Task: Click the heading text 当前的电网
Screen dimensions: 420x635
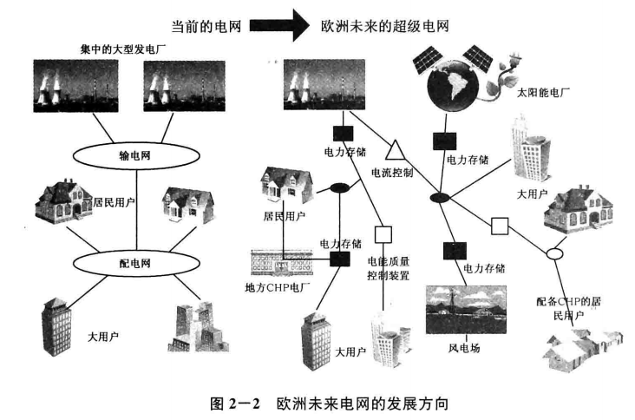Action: (x=217, y=25)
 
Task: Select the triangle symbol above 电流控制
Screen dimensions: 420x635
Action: (x=392, y=148)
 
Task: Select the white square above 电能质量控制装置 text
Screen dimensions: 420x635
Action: (x=383, y=233)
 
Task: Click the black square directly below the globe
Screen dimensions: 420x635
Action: (x=444, y=138)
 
